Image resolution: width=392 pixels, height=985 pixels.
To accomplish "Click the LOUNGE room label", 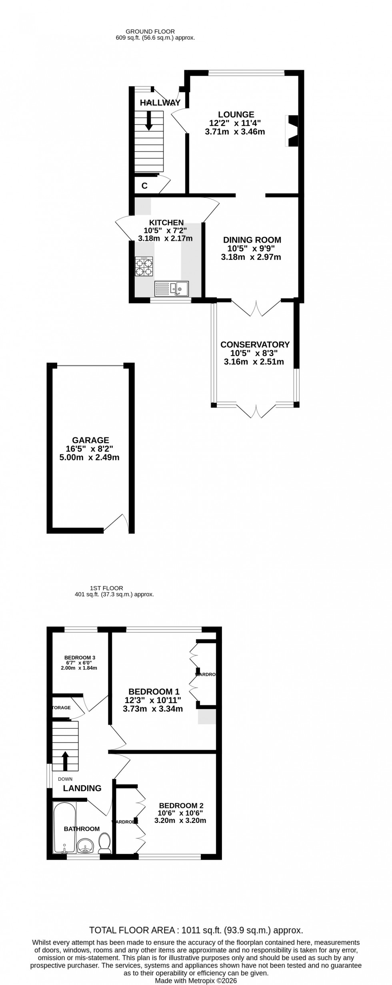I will (236, 115).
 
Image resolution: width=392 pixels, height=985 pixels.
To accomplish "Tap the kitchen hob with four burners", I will (144, 267).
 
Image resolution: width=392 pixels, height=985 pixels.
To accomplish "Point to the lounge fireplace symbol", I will (292, 131).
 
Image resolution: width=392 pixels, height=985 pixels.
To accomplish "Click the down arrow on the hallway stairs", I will (149, 120).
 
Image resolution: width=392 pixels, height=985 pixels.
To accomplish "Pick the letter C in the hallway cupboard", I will (144, 186).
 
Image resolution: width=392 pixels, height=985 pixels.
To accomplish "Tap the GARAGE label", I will (90, 440).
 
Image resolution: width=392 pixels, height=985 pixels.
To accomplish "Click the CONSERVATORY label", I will (255, 344).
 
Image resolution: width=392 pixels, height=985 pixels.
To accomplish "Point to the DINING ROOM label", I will (252, 240).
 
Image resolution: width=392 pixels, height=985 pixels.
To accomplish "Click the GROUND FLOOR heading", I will (150, 31).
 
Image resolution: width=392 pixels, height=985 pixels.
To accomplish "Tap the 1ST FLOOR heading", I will (106, 588).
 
